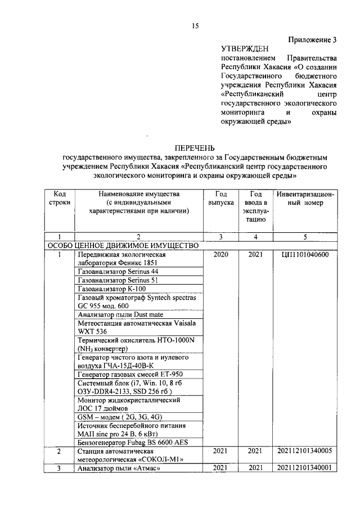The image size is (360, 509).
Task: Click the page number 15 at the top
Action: (195, 25)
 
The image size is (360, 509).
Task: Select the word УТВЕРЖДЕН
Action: (245, 49)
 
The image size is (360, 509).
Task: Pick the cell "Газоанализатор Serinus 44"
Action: (118, 271)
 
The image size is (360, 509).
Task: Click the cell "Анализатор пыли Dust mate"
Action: (116, 314)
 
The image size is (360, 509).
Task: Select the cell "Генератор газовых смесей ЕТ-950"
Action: (130, 374)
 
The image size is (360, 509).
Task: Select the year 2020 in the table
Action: (220, 254)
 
